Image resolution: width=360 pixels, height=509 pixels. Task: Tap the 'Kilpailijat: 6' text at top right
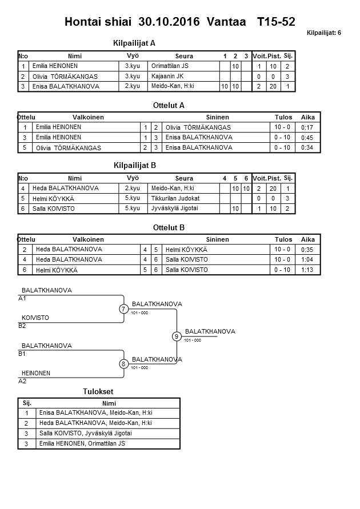click(323, 33)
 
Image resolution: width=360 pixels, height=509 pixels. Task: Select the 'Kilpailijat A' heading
click(135, 43)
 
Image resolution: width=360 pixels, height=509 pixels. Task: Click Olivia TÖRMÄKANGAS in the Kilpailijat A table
click(65, 77)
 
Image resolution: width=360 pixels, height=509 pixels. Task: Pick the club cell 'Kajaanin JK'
click(167, 76)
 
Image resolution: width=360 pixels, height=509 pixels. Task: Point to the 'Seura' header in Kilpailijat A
click(184, 56)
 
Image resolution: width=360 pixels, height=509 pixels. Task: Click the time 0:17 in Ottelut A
click(307, 127)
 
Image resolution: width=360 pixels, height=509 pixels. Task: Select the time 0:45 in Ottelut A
click(307, 138)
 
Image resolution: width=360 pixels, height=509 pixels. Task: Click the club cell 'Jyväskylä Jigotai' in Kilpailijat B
click(174, 209)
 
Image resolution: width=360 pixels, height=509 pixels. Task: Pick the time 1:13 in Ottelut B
click(307, 270)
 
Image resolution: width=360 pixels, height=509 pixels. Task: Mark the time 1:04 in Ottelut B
click(307, 259)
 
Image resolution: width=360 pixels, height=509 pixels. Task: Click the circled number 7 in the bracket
click(123, 309)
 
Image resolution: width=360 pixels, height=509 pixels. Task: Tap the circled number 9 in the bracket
click(177, 336)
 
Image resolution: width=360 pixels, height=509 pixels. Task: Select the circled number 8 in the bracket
click(123, 364)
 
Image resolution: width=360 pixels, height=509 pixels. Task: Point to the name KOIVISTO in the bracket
click(35, 318)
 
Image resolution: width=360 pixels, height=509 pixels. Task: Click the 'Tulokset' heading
click(98, 391)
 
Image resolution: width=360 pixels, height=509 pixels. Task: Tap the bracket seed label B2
click(22, 326)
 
